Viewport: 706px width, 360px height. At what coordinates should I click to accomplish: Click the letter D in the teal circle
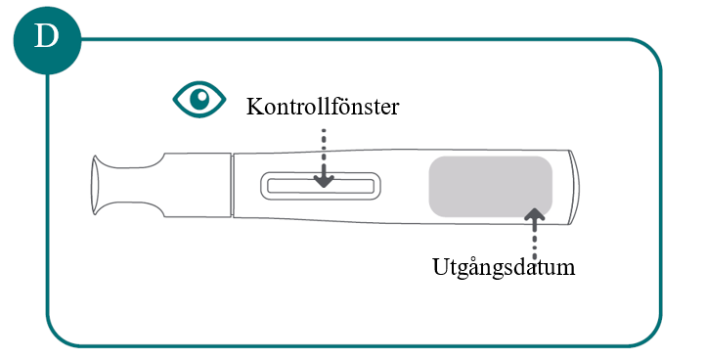[47, 36]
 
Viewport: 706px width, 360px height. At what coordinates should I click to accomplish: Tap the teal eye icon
[199, 99]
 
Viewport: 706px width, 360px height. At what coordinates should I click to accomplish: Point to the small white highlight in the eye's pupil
[202, 96]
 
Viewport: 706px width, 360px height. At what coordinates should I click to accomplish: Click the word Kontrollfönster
[323, 107]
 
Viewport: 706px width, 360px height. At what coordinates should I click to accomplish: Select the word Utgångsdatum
[504, 268]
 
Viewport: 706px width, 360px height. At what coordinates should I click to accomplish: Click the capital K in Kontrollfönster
[255, 107]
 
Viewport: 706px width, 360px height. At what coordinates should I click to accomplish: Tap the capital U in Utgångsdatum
[442, 266]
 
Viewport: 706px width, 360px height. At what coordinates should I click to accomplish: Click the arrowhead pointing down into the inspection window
[324, 181]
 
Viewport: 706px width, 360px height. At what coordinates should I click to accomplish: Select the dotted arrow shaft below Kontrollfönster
[324, 152]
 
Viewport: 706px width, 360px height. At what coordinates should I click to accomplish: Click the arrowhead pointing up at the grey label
[535, 214]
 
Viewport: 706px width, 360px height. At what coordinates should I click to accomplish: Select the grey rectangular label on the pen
[490, 187]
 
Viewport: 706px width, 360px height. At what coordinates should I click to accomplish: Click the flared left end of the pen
[97, 185]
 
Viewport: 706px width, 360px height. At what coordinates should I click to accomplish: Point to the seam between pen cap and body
[232, 185]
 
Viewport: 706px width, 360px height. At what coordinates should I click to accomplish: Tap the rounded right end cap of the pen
[574, 187]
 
